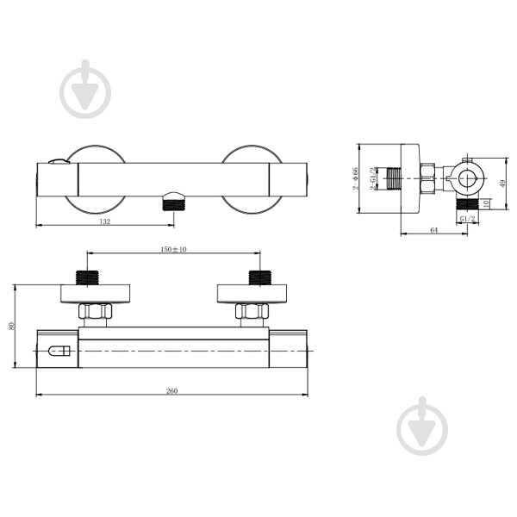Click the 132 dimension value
click(105, 221)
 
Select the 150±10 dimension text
click(173, 249)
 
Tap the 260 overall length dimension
click(171, 390)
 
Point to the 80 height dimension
click(12, 326)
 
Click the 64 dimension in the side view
click(434, 230)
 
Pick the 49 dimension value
click(502, 184)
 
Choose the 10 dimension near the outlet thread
click(486, 203)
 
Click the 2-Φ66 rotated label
click(355, 178)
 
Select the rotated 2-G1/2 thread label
click(372, 178)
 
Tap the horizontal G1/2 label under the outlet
click(468, 219)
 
